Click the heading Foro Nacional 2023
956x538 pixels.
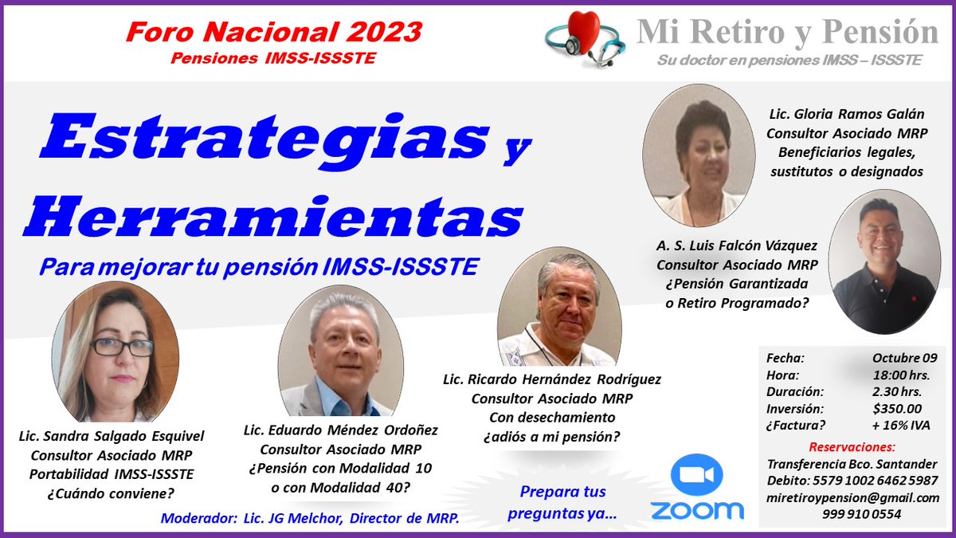(273, 32)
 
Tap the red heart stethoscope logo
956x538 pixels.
(584, 39)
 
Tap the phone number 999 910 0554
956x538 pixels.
(851, 515)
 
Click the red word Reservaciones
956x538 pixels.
(851, 446)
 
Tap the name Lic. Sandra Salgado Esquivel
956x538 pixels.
(112, 436)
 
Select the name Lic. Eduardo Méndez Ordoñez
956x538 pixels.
(341, 430)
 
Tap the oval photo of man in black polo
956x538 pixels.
(884, 261)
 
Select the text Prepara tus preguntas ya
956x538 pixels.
(562, 503)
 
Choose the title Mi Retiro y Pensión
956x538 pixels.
(787, 33)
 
